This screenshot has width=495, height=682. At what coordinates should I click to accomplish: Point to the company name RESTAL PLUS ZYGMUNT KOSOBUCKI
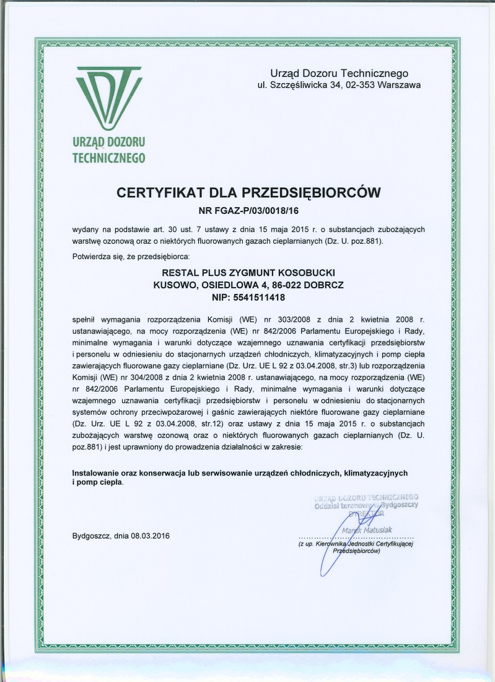[247, 273]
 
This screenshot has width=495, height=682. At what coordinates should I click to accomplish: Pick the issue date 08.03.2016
[149, 535]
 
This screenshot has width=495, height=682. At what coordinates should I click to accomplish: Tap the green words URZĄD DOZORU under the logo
[108, 144]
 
